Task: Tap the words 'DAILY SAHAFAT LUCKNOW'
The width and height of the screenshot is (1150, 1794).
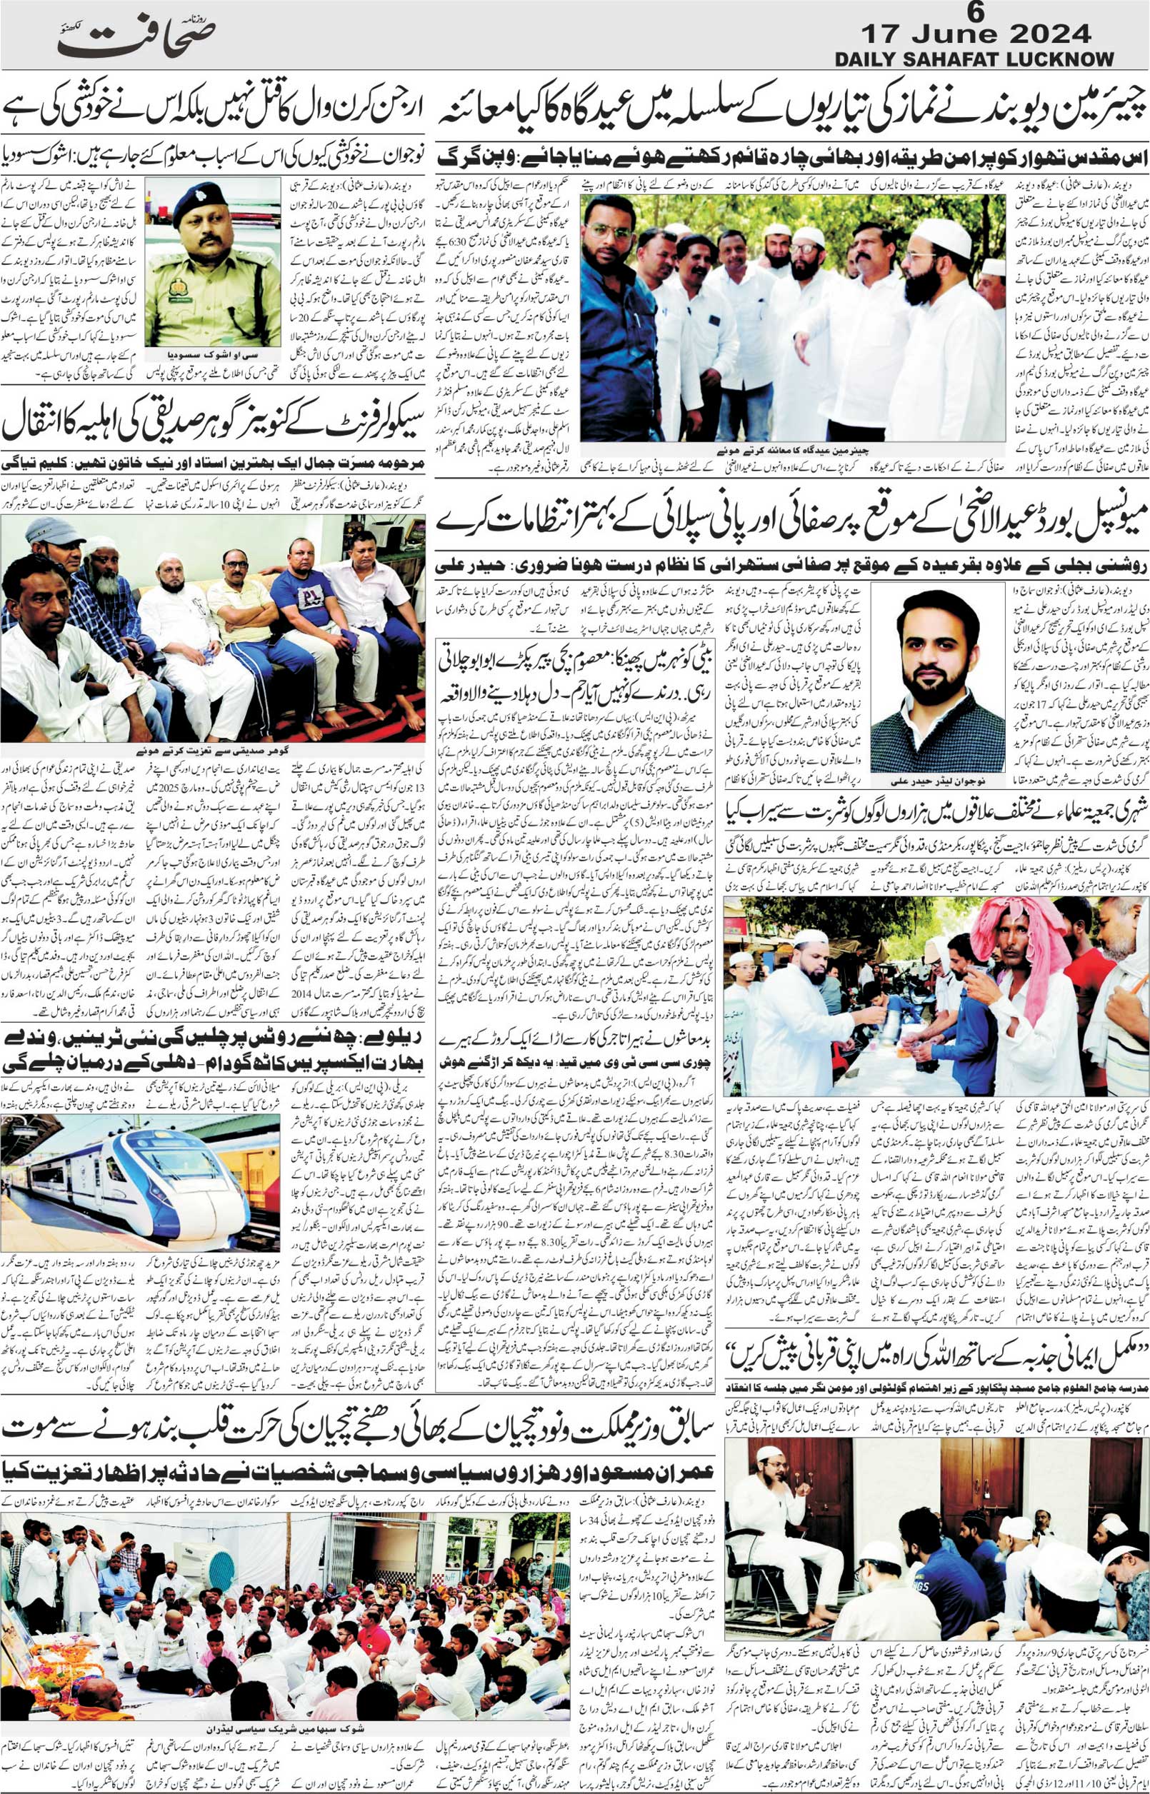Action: [979, 59]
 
